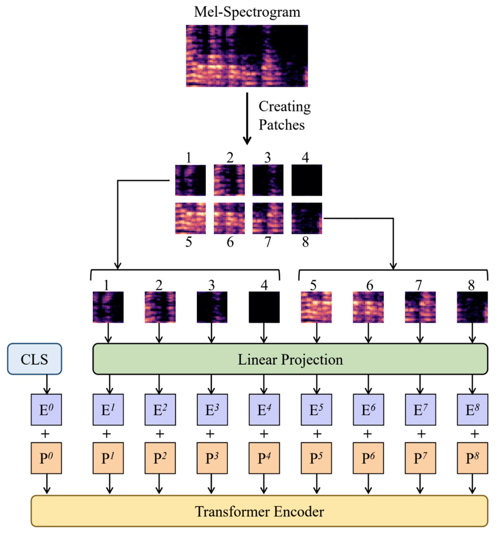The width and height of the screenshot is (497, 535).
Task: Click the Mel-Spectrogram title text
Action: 247,12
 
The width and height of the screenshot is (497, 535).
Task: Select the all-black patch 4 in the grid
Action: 307,180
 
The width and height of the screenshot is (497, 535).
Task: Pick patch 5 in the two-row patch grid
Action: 190,218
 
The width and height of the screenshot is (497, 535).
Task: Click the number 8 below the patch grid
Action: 305,242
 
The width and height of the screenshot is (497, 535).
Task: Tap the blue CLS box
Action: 34,359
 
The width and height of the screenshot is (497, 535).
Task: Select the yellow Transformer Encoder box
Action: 259,511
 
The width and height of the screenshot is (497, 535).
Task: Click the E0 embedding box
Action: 46,410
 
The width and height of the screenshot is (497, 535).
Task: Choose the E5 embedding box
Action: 316,410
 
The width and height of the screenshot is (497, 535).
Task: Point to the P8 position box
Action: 472,458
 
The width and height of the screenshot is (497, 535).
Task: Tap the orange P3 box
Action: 212,458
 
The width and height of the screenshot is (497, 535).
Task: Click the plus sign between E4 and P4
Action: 264,434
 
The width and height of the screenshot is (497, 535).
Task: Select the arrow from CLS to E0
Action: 47,384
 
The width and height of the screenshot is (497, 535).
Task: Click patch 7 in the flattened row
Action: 420,307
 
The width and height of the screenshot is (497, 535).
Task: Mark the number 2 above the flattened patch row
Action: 159,285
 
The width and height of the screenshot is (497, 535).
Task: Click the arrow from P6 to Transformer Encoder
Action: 368,484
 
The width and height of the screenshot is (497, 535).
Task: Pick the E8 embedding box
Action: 472,410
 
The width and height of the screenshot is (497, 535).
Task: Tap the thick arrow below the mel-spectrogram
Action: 247,118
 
